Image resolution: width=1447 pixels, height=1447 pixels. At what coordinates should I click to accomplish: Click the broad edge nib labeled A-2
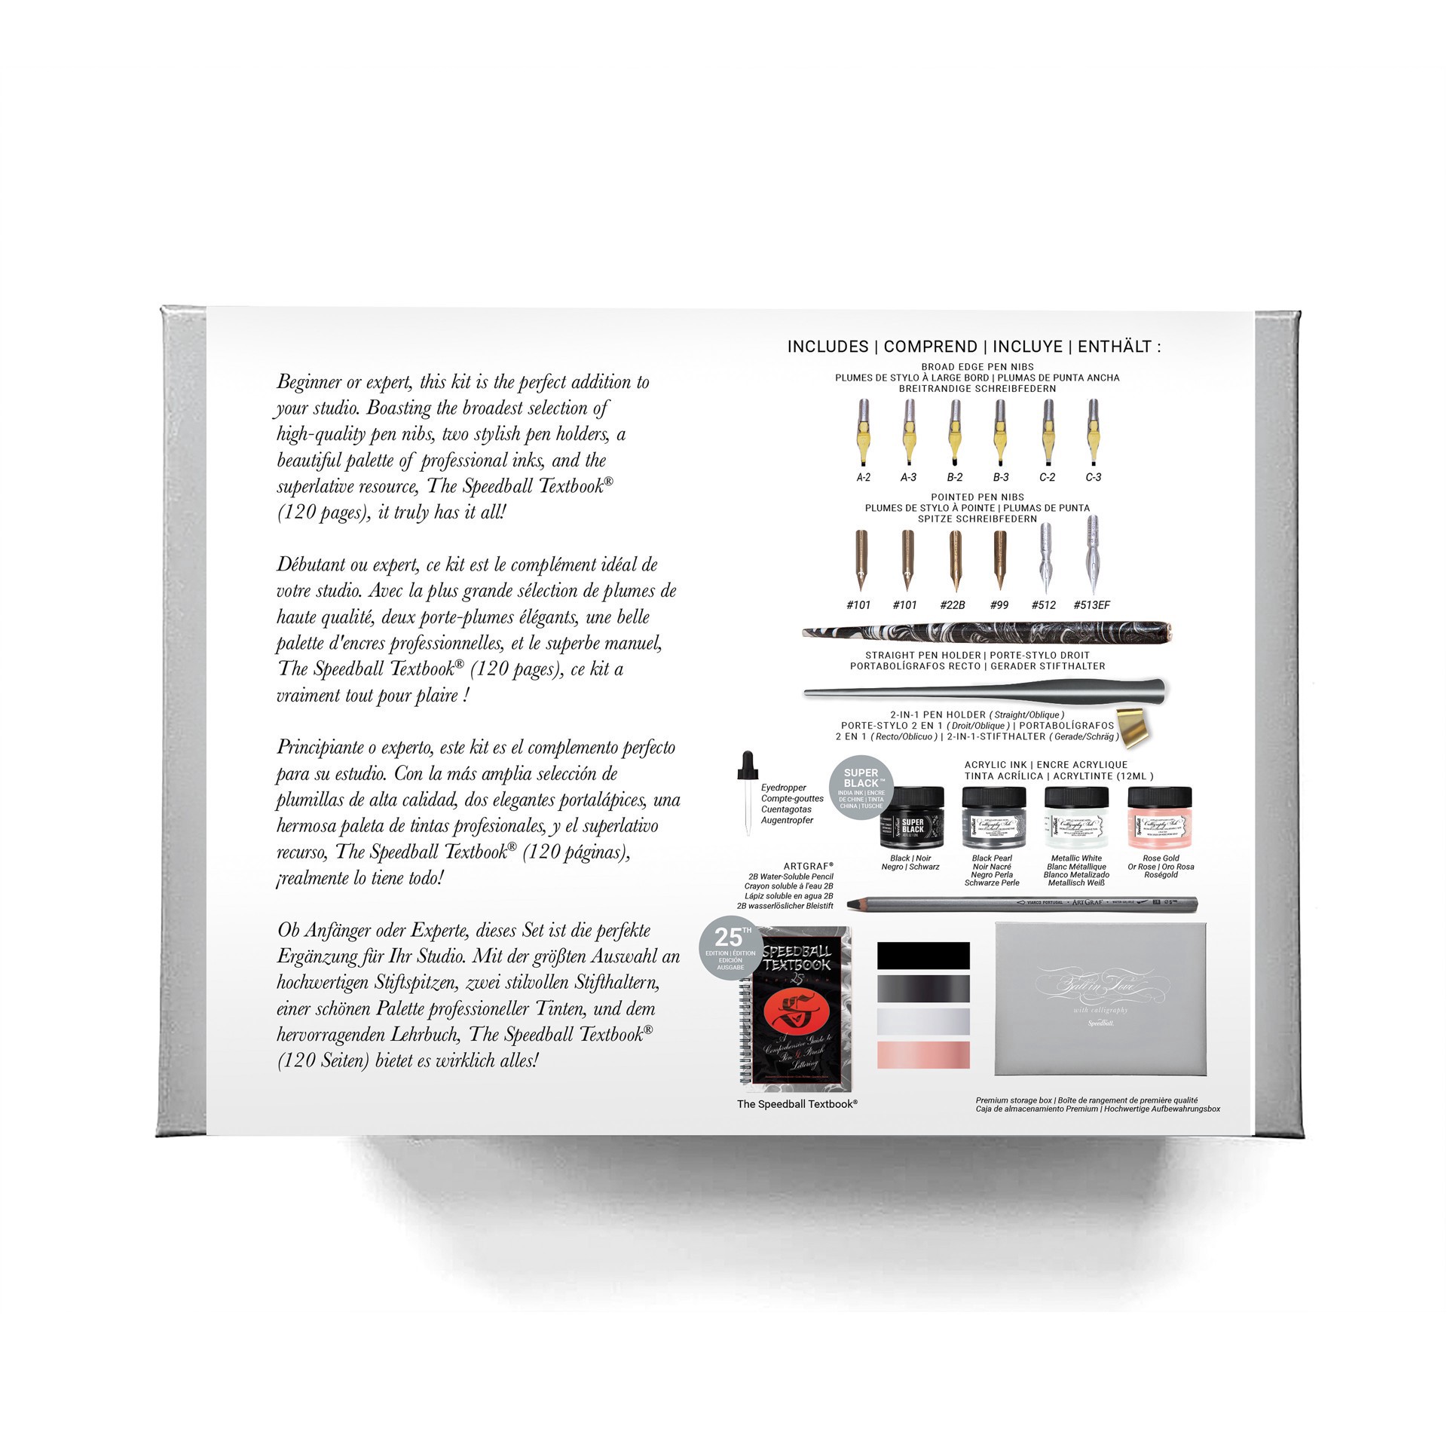tap(864, 433)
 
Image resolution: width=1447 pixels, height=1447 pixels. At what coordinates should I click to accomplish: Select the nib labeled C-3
tap(1093, 433)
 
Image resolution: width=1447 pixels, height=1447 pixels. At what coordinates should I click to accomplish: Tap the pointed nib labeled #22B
tap(955, 561)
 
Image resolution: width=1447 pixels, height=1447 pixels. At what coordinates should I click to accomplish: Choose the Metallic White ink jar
tap(1076, 818)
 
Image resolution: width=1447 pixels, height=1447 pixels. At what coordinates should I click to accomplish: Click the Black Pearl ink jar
tap(993, 818)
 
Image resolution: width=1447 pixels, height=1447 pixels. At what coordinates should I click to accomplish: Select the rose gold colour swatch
tap(923, 1055)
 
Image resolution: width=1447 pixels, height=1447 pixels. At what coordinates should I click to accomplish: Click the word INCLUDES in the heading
tap(828, 347)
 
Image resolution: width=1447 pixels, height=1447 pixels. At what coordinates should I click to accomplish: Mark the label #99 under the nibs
tap(999, 604)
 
